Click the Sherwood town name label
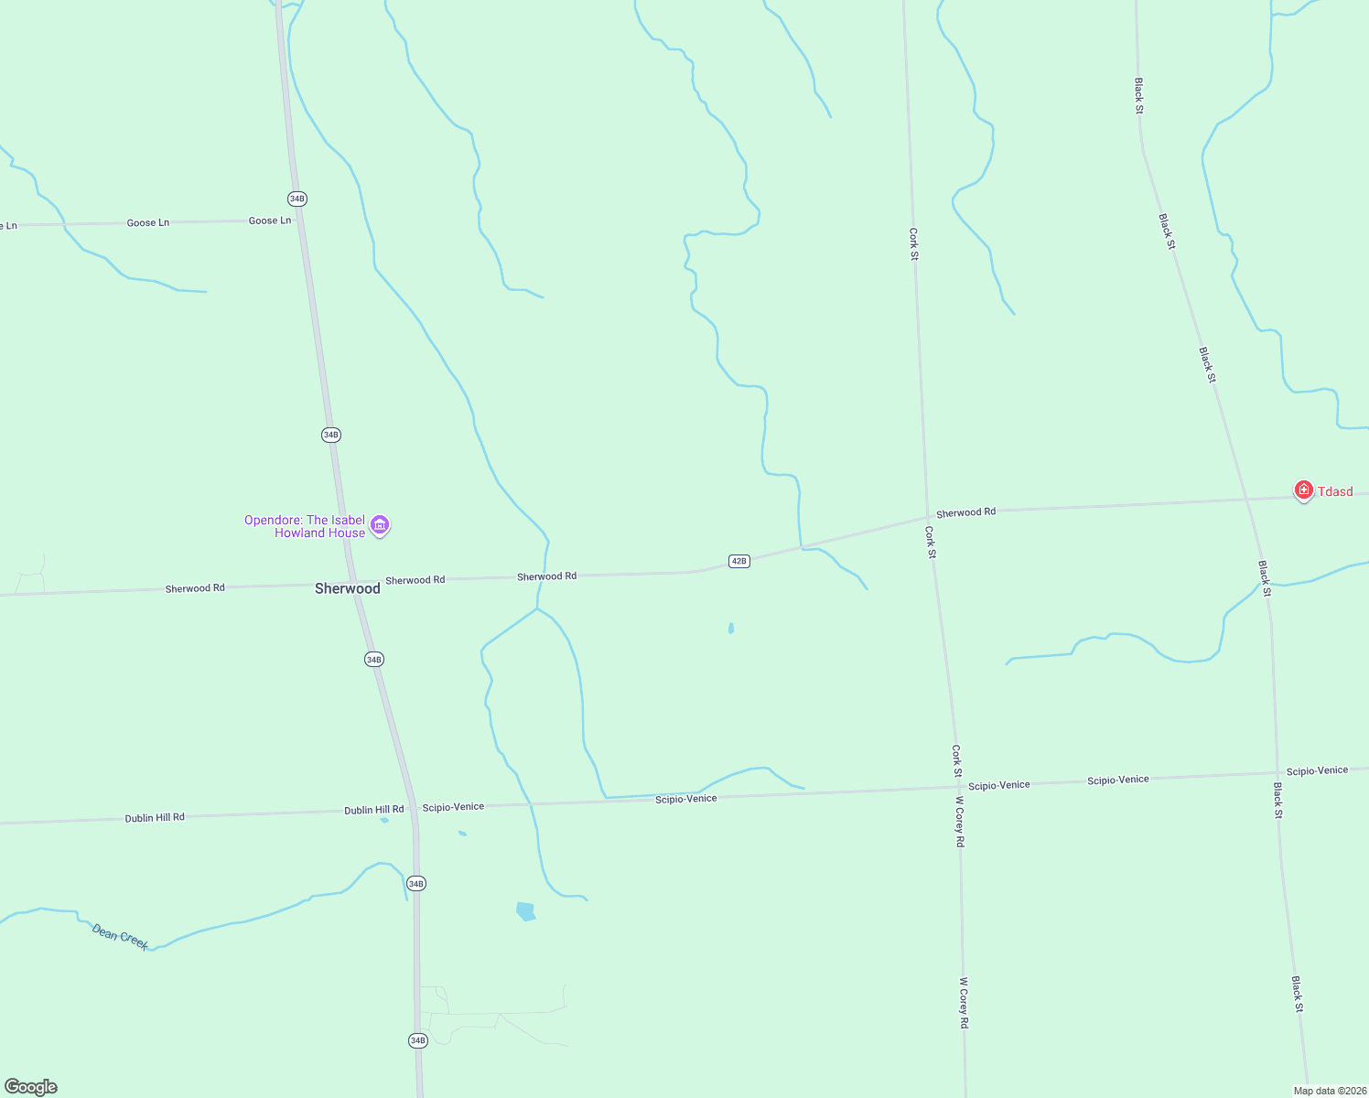click(x=347, y=588)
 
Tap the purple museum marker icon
click(x=381, y=525)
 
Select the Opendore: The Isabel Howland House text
click(x=305, y=526)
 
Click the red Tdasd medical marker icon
click(x=1303, y=490)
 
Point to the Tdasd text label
click(x=1335, y=492)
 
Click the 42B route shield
click(x=739, y=561)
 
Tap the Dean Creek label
click(x=120, y=936)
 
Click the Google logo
click(x=30, y=1087)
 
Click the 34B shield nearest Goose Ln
click(x=296, y=199)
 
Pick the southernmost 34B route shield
click(x=417, y=1040)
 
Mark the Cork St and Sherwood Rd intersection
click(x=928, y=517)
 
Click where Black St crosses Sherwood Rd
click(x=1247, y=500)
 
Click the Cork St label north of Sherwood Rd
click(x=913, y=244)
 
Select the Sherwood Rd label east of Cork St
click(x=965, y=512)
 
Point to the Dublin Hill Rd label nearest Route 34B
click(x=373, y=810)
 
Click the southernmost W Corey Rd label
click(x=963, y=1003)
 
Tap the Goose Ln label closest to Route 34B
click(x=270, y=221)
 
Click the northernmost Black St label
click(x=1139, y=96)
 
